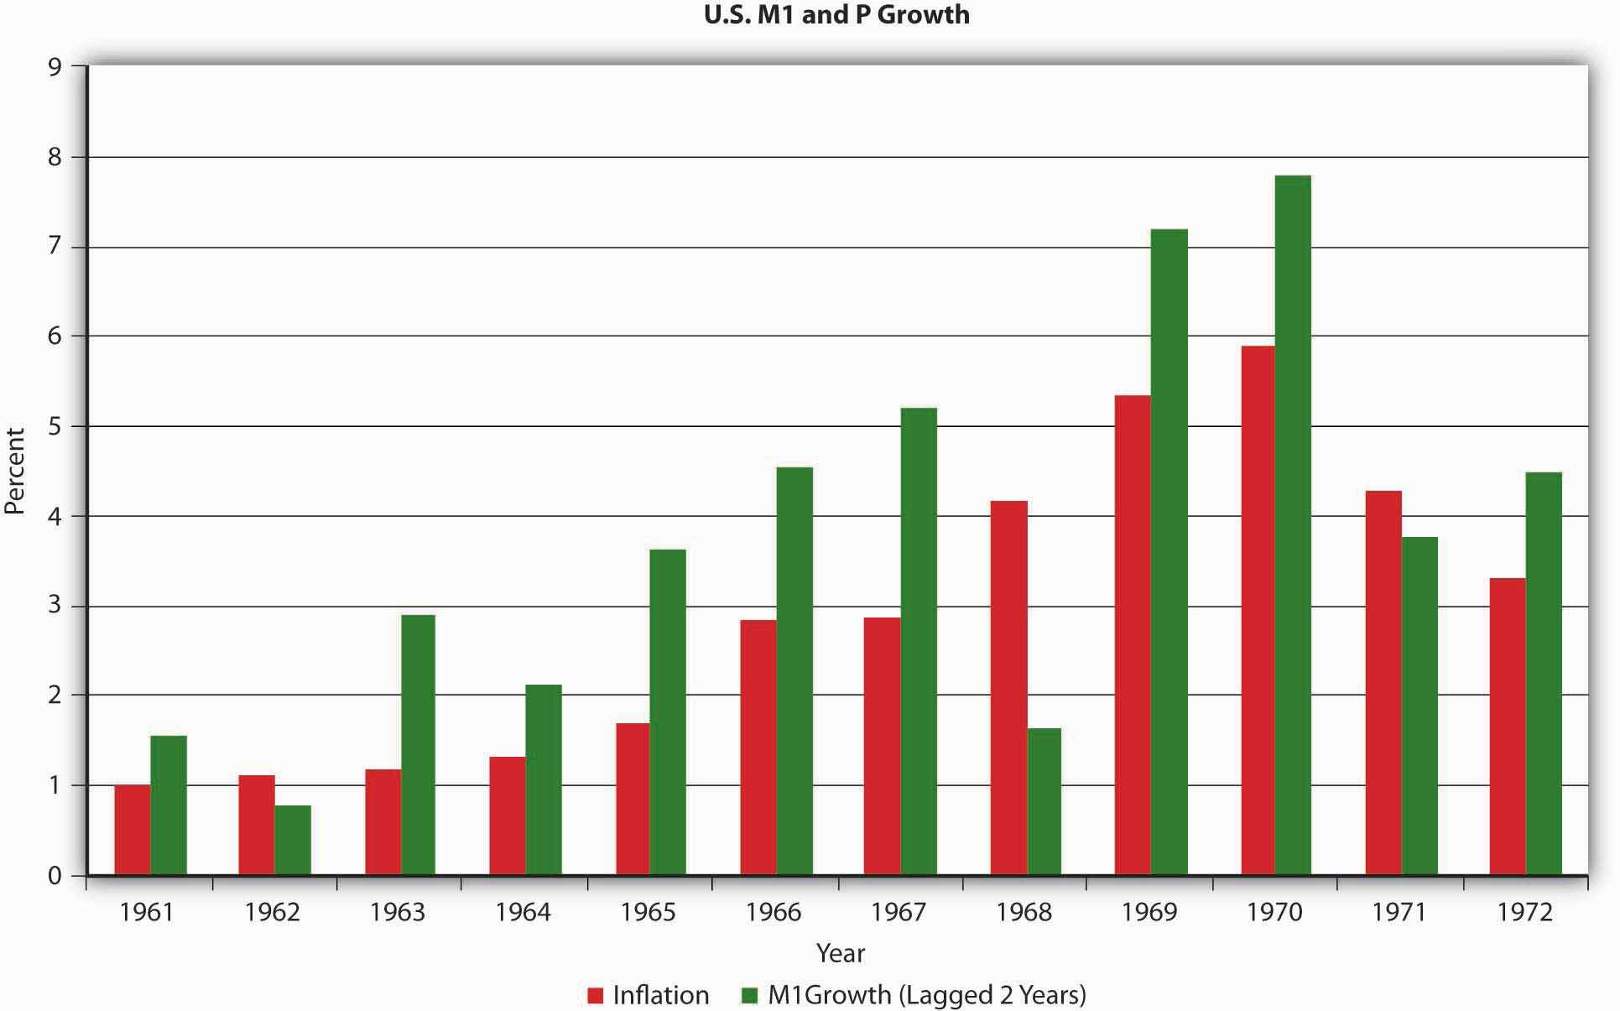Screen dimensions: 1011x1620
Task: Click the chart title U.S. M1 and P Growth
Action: [x=836, y=15]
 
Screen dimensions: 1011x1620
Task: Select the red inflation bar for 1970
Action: [x=1258, y=611]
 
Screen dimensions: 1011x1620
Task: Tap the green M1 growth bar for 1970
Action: [x=1293, y=525]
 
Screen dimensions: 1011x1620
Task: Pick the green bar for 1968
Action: [x=1044, y=801]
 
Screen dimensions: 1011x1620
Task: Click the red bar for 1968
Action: [x=1008, y=688]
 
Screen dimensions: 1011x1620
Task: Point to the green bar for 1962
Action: [x=293, y=840]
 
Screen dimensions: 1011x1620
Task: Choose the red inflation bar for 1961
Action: [x=133, y=830]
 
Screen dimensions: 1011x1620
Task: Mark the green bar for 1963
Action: [x=418, y=745]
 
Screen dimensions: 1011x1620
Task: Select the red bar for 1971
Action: [x=1383, y=683]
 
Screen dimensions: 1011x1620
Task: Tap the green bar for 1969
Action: [x=1169, y=552]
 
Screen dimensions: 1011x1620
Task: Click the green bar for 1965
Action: [x=668, y=712]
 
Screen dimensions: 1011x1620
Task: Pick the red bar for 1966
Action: [x=758, y=748]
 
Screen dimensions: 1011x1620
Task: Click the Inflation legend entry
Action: [x=649, y=995]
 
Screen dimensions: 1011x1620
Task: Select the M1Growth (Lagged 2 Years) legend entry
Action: [x=914, y=995]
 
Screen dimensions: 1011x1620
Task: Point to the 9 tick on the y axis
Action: [x=55, y=67]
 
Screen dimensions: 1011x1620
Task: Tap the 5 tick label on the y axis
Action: [x=55, y=426]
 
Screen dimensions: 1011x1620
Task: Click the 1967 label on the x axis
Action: [x=899, y=912]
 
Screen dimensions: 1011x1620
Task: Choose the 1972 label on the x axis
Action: [x=1525, y=912]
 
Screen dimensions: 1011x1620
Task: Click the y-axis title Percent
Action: [x=15, y=471]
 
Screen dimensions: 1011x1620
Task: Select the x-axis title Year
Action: [x=840, y=953]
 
